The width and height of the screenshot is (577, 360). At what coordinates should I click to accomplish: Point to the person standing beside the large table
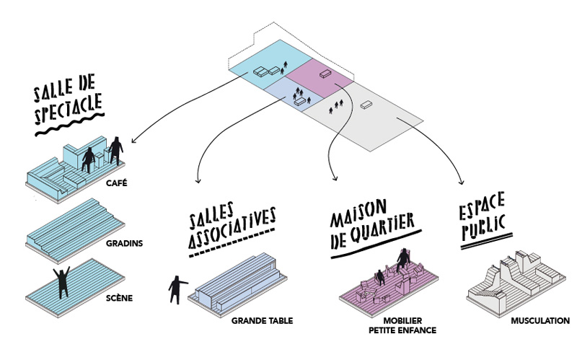(176, 288)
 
